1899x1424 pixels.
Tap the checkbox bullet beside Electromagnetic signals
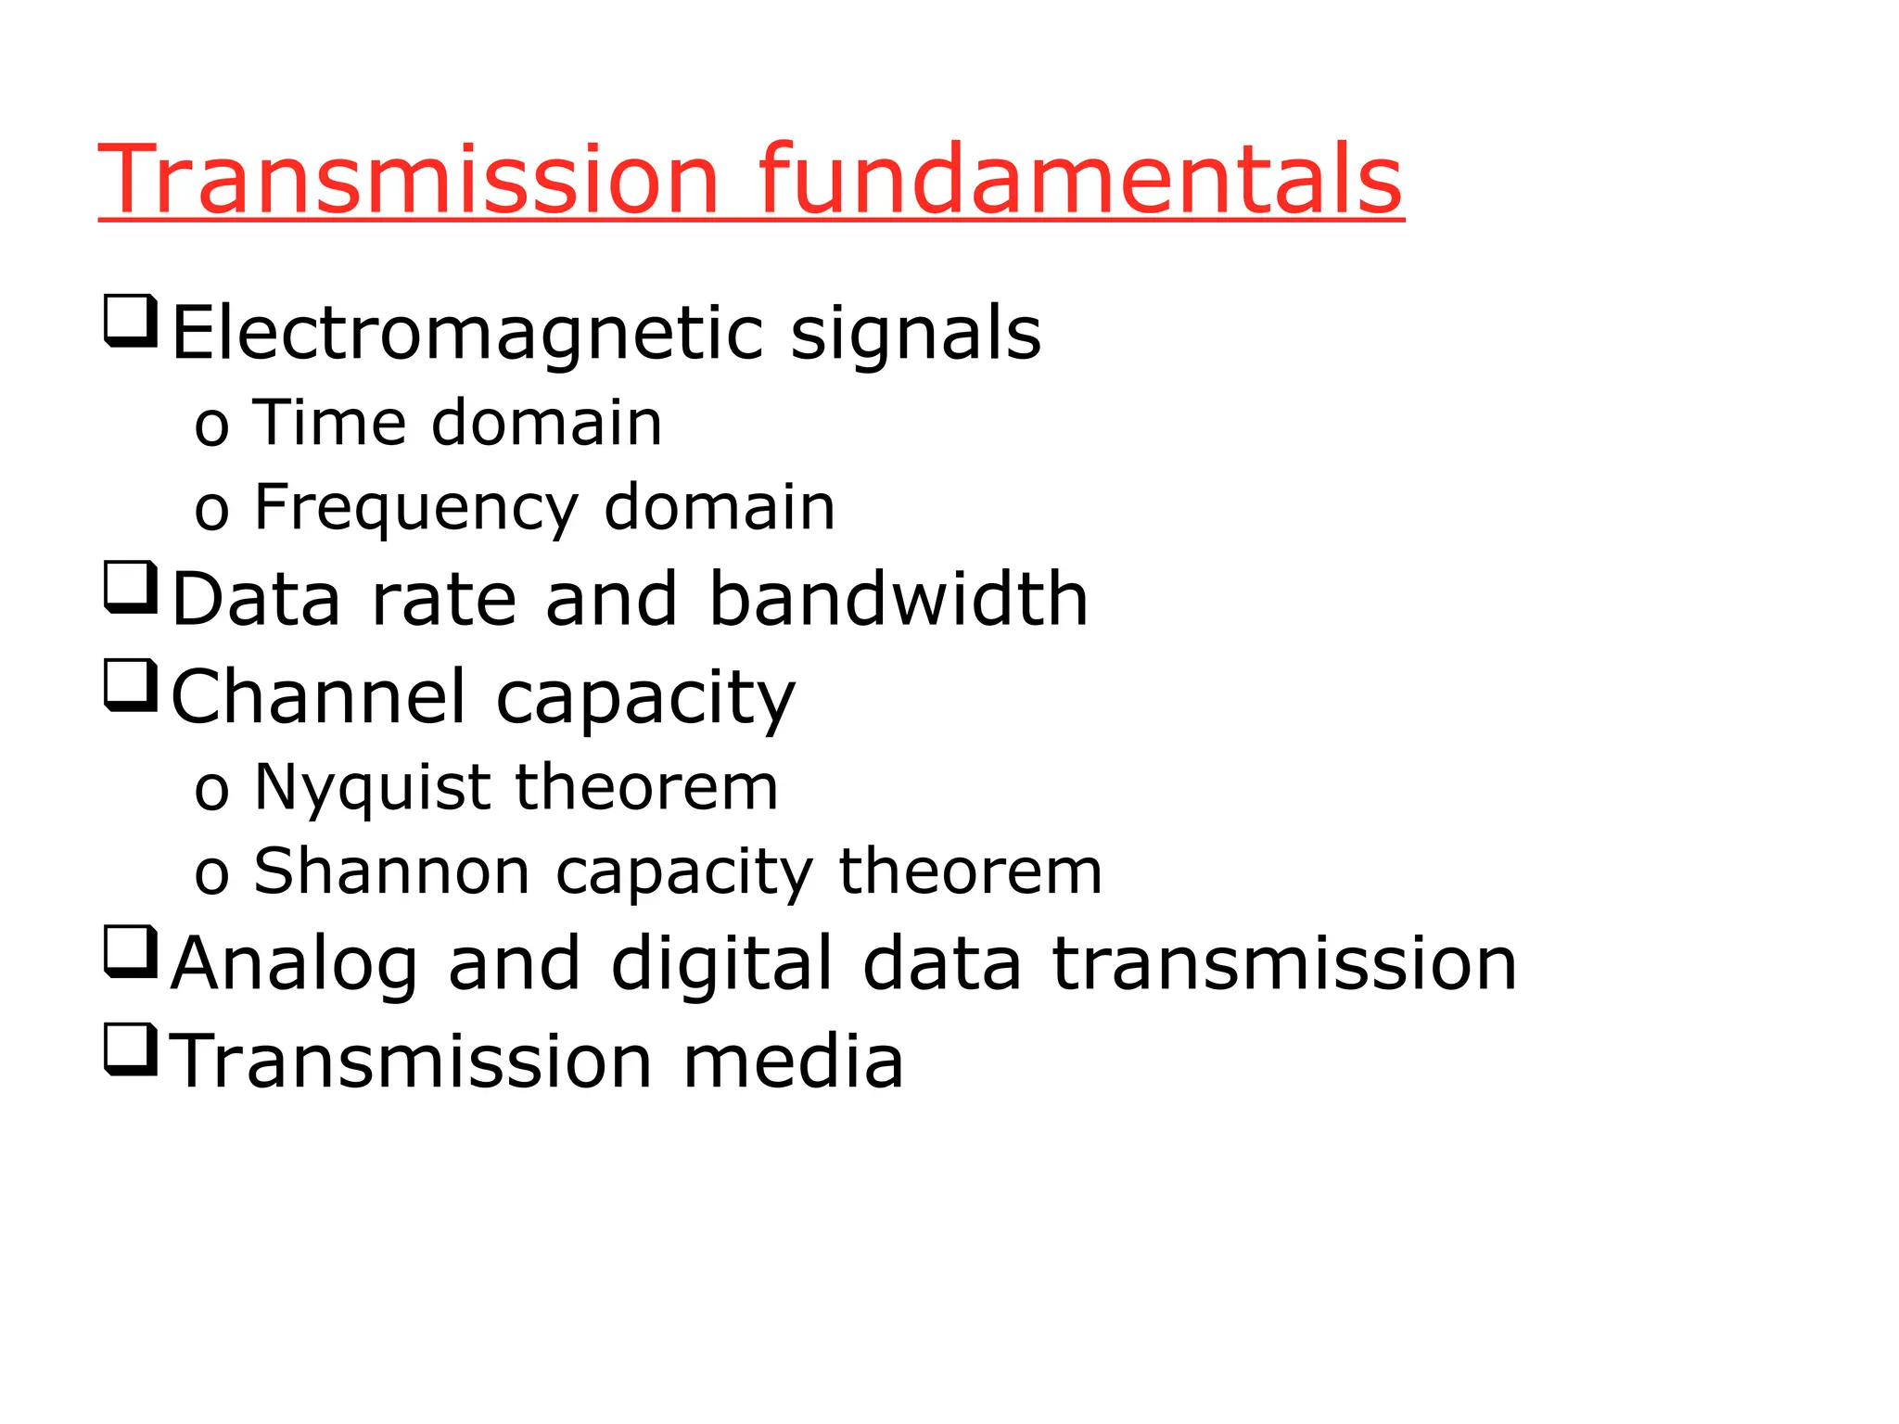click(x=130, y=320)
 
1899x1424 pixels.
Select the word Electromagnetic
click(x=468, y=334)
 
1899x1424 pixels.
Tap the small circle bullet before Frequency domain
click(x=211, y=512)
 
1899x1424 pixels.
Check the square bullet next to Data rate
click(x=130, y=587)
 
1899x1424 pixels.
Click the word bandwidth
click(x=899, y=599)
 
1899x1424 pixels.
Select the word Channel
click(x=318, y=696)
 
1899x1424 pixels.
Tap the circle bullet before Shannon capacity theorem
click(x=211, y=876)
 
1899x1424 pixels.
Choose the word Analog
click(x=294, y=964)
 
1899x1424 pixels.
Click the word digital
click(x=722, y=964)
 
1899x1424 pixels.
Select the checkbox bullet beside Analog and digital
click(x=130, y=951)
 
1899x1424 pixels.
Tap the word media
click(x=793, y=1062)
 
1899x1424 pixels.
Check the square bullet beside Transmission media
click(x=130, y=1049)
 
